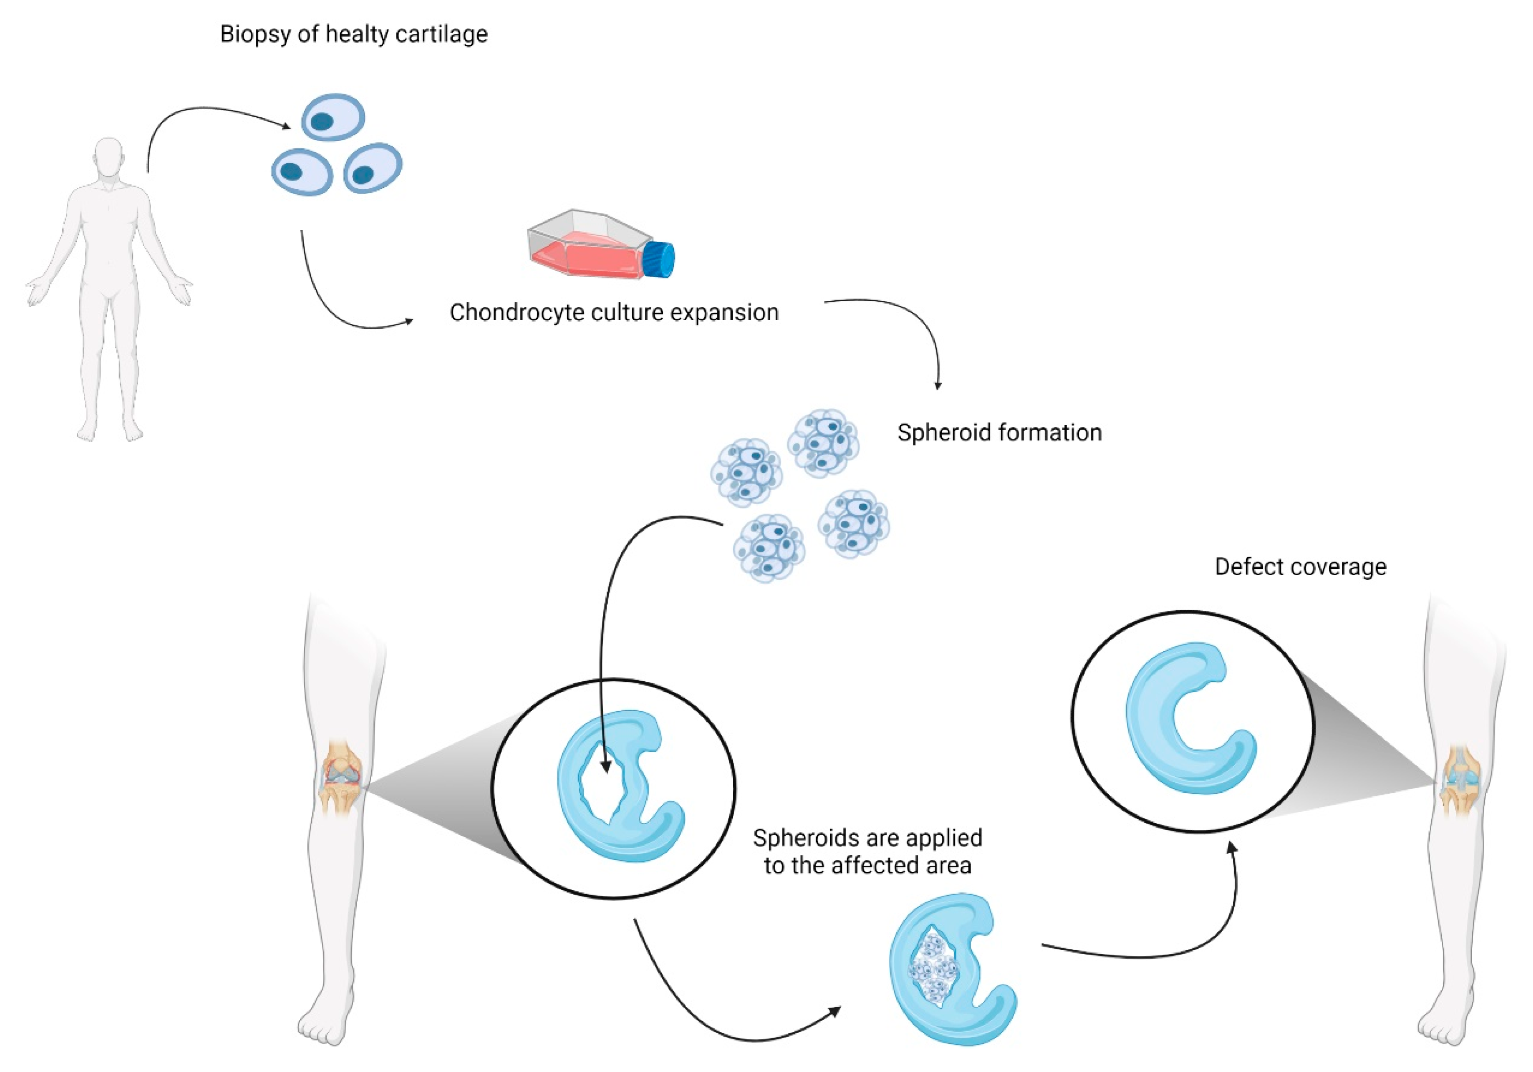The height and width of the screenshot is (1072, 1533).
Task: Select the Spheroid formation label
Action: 999,433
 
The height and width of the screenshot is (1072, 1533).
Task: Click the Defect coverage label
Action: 1300,567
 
